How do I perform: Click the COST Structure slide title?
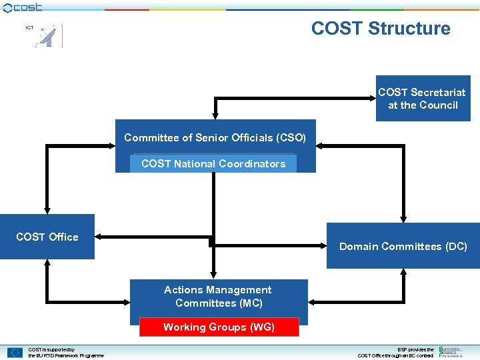point(380,29)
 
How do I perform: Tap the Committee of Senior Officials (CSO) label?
point(215,138)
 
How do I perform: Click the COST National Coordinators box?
point(213,163)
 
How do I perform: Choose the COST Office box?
point(47,237)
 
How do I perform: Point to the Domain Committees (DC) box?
point(403,246)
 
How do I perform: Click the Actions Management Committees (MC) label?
point(218,296)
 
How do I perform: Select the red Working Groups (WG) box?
point(219,327)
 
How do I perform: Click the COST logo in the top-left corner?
point(22,7)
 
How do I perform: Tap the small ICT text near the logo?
point(29,28)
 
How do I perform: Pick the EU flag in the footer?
point(15,353)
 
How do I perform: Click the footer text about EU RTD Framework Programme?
point(65,353)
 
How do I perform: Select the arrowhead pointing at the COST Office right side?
point(99,237)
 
